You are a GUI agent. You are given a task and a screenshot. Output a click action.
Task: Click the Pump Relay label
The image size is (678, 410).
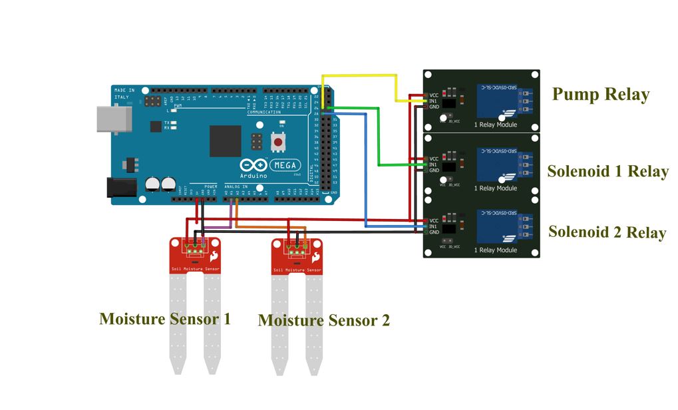click(x=600, y=95)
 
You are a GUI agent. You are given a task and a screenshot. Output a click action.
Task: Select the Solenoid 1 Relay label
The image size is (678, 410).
click(x=607, y=171)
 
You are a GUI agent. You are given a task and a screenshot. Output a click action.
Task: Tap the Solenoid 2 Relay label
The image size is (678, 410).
click(x=607, y=232)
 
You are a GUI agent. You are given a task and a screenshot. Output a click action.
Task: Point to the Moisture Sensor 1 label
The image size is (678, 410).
click(x=165, y=319)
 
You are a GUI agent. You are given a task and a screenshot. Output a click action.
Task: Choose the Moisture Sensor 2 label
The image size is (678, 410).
click(x=323, y=320)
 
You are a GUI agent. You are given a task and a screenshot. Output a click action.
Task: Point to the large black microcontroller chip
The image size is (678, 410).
click(x=225, y=141)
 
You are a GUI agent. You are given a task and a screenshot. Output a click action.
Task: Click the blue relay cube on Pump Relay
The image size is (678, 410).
click(x=496, y=101)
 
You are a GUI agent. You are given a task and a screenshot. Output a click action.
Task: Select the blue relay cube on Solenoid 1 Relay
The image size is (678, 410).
click(x=496, y=163)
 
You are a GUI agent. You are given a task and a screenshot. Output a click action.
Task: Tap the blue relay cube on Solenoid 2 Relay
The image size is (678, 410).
click(x=496, y=225)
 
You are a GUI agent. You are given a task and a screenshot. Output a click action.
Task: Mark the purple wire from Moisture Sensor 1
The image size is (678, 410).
click(x=230, y=216)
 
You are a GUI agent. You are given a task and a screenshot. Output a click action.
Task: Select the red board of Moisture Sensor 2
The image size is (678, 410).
click(x=297, y=256)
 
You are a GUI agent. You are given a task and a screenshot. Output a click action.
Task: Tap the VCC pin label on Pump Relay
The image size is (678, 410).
click(x=433, y=95)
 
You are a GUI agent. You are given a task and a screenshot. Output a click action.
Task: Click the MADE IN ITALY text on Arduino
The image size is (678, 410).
click(x=124, y=93)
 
